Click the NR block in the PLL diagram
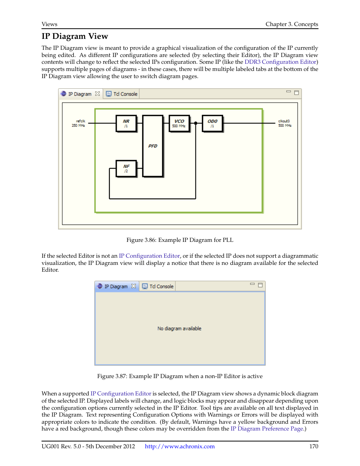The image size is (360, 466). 126,123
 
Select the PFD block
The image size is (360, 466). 153,146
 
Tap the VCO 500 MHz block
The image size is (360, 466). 179,123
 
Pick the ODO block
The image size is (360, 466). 212,123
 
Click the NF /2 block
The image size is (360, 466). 126,168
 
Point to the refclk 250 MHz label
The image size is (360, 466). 79,123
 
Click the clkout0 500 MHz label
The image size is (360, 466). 285,123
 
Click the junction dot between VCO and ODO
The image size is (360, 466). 195,123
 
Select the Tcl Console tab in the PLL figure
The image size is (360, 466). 122,94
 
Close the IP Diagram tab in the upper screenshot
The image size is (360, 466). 97,94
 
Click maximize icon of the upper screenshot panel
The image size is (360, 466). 297,92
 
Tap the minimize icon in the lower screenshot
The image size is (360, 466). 252,284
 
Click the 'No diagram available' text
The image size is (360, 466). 179,329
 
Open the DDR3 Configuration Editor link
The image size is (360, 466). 280,62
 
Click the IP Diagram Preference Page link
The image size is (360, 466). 267,429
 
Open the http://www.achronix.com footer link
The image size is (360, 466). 180,446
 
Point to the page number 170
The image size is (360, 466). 314,446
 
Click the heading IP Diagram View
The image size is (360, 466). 75,36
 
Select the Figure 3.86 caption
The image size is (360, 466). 180,240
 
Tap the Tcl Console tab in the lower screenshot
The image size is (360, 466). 158,286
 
